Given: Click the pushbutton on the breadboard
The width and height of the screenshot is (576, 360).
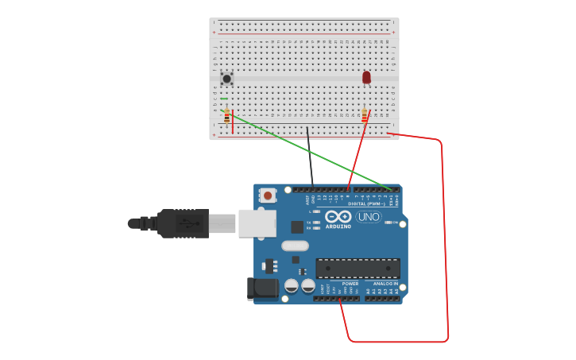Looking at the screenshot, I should tap(226, 78).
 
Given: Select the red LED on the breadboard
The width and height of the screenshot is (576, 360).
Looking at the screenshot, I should tap(366, 77).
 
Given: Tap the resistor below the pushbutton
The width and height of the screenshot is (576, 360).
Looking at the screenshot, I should tap(226, 116).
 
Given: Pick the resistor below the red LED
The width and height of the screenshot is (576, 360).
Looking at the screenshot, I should tap(365, 116).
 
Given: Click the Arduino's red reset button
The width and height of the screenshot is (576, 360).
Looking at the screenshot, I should tap(268, 195).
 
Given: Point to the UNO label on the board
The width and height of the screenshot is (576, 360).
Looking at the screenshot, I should tap(369, 216).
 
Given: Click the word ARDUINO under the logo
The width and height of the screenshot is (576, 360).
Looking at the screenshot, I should tap(338, 226).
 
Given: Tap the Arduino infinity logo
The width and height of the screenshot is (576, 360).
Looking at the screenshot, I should tap(338, 216).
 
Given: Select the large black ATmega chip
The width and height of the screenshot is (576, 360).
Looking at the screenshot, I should tap(358, 268).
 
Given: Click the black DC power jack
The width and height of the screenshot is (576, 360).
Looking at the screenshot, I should tap(261, 288).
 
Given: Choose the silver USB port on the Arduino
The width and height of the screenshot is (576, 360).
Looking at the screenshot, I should tap(257, 223).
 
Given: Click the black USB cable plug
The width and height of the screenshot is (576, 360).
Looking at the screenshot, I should tap(183, 223).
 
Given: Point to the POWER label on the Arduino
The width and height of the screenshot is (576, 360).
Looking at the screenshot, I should tap(350, 284).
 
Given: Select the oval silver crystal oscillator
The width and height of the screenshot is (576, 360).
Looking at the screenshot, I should tap(295, 246).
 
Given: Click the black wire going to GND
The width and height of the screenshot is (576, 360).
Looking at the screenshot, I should tap(310, 159).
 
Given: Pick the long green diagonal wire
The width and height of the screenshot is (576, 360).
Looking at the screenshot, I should tap(310, 151).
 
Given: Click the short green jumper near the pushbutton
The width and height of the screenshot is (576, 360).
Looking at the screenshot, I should tap(224, 99).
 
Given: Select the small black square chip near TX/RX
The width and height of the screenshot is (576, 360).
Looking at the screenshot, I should tap(297, 226).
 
